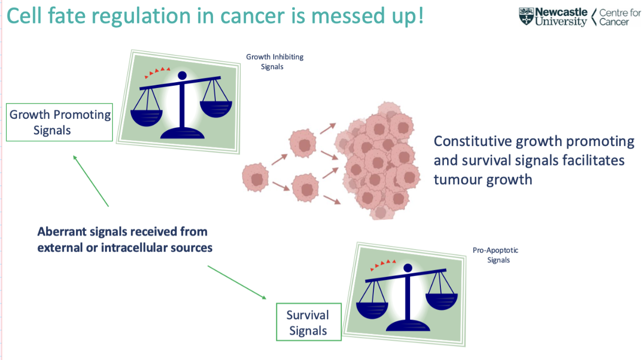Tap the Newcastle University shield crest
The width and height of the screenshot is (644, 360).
(x=526, y=17)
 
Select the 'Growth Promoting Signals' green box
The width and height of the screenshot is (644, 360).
(x=60, y=122)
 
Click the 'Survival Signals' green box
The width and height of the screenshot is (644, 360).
(x=308, y=322)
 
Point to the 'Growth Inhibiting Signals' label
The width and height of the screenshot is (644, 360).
(x=275, y=61)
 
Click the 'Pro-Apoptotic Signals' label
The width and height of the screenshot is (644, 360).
(x=495, y=255)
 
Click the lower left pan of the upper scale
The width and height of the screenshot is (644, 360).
(x=147, y=116)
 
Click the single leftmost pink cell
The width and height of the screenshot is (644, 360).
(x=256, y=178)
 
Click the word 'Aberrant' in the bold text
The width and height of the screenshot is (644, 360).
(x=60, y=231)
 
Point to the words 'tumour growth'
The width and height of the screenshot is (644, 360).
(x=483, y=179)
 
